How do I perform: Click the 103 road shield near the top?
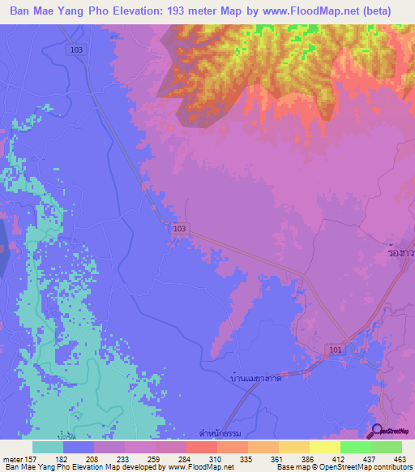click(x=75, y=49)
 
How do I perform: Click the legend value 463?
click(x=400, y=458)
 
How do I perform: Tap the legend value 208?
click(x=93, y=458)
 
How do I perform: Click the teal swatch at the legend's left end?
click(x=48, y=447)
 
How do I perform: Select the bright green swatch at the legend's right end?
click(x=387, y=447)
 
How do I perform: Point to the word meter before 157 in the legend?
click(x=11, y=458)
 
